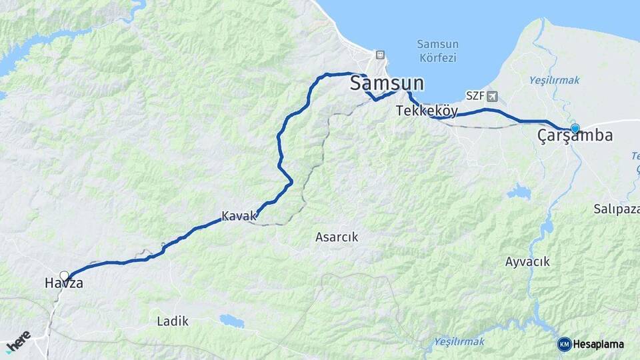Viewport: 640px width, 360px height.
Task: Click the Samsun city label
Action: coord(387,83)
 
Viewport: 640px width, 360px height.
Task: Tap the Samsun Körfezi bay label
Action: coord(437,51)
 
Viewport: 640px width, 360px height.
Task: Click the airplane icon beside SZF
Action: coord(492,96)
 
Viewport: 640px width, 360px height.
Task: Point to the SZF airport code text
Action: coord(475,96)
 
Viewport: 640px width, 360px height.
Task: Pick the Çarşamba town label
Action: coord(575,135)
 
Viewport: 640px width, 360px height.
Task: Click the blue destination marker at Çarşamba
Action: coord(575,128)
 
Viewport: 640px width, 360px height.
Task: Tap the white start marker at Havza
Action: coord(65,275)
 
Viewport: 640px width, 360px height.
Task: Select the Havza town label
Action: coord(64,283)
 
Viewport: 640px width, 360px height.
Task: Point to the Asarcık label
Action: coord(337,237)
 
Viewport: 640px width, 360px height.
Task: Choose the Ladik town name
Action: coord(173,321)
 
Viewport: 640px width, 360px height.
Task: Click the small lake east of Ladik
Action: coord(231,321)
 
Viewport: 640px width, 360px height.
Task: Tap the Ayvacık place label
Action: coord(527,262)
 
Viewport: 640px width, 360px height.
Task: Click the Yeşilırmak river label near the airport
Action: coord(554,81)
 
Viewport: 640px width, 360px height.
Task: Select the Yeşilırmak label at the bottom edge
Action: coord(459,341)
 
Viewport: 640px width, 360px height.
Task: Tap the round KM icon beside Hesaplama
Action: coord(565,344)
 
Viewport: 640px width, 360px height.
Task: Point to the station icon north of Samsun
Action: coord(379,55)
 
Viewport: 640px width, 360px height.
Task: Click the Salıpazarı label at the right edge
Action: coord(616,209)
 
